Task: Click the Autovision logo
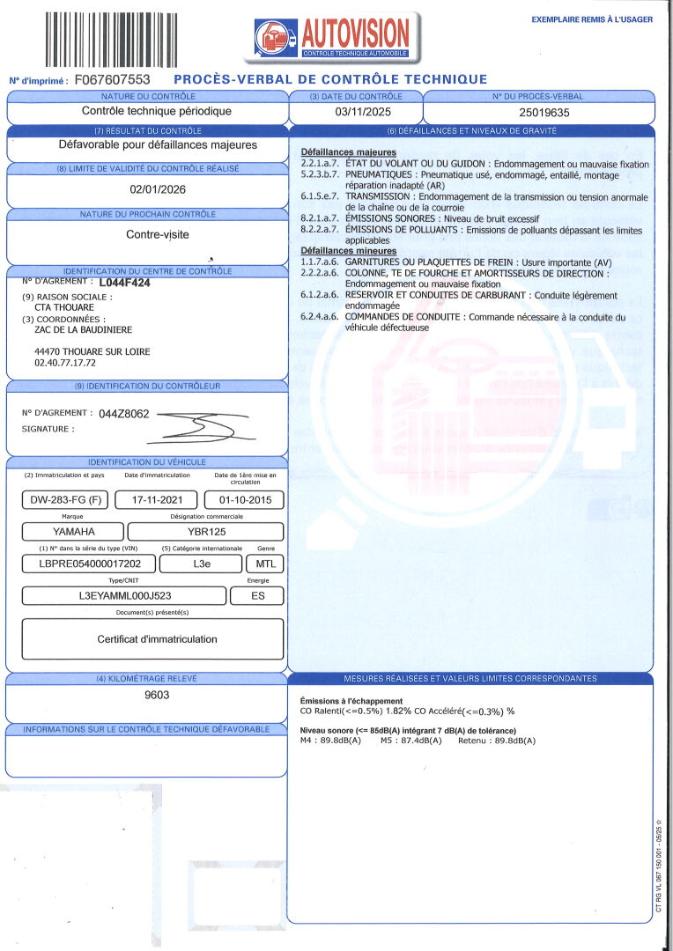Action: [x=332, y=37]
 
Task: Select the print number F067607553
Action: [x=113, y=79]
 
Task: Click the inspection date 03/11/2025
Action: [x=355, y=112]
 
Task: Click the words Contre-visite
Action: [x=158, y=235]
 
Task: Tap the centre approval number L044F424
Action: [x=124, y=284]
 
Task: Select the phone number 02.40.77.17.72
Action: [x=65, y=362]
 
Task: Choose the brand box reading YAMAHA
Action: [x=74, y=532]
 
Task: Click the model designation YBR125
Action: [x=205, y=532]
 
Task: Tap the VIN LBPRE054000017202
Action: [x=91, y=564]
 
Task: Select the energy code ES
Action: [x=256, y=596]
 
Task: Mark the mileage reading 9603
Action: [x=157, y=695]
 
